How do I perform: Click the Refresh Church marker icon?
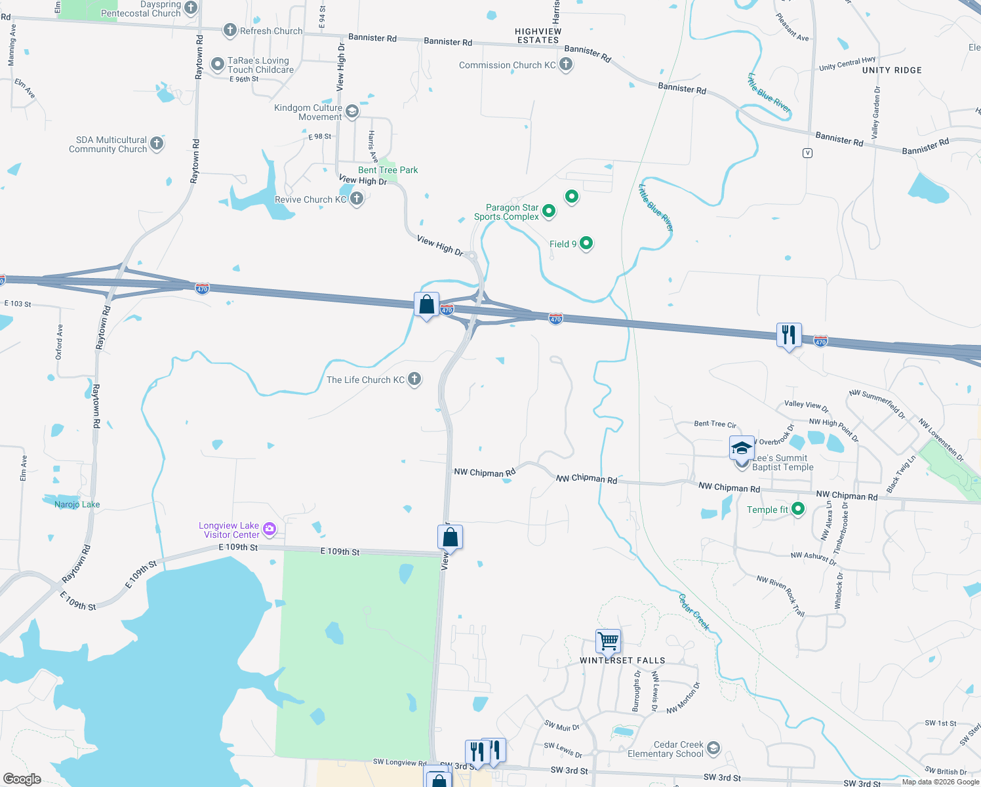click(230, 30)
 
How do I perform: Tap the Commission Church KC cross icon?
click(566, 64)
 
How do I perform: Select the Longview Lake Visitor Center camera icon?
click(270, 529)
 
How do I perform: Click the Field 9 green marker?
click(586, 243)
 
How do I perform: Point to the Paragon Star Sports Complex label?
click(506, 212)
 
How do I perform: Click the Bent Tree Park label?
click(388, 170)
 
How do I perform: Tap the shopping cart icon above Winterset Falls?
click(608, 641)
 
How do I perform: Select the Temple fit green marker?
click(798, 509)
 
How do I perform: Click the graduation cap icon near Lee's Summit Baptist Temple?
click(742, 449)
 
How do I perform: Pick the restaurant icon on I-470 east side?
click(789, 334)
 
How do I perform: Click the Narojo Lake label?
click(77, 504)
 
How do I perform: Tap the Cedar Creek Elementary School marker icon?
click(713, 748)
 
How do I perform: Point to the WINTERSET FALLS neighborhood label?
click(622, 660)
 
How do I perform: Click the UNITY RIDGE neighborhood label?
click(892, 70)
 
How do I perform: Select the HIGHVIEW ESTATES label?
click(538, 35)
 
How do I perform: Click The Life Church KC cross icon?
click(414, 379)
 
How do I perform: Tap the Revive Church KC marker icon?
click(357, 199)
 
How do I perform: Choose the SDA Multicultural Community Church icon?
click(157, 144)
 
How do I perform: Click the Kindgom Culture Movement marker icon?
click(352, 111)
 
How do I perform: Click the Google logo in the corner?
click(22, 779)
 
